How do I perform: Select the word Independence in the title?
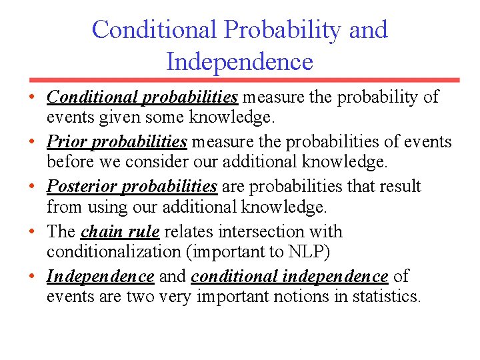(x=239, y=62)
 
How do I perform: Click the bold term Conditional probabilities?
(x=142, y=97)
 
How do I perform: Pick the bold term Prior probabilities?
(x=117, y=142)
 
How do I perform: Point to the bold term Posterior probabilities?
(x=132, y=186)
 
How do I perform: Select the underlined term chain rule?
(x=120, y=232)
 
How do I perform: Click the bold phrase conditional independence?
(x=289, y=276)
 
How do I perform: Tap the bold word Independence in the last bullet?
(x=100, y=276)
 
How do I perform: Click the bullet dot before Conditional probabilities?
(x=32, y=98)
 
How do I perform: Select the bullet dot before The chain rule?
(x=32, y=233)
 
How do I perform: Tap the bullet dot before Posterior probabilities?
(x=32, y=187)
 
